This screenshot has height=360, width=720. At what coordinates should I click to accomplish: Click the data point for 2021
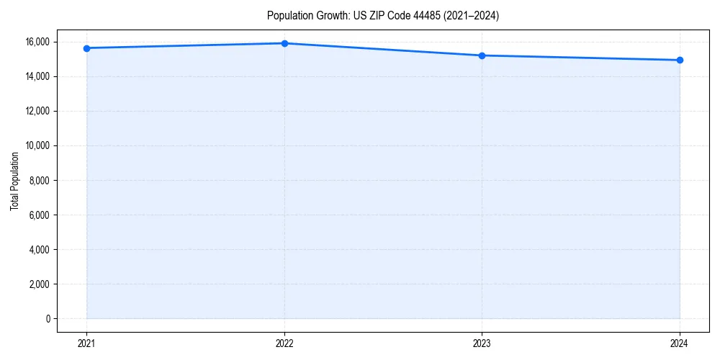(86, 48)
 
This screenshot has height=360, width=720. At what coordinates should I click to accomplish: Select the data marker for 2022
(284, 43)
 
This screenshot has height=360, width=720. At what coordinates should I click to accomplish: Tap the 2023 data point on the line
(482, 55)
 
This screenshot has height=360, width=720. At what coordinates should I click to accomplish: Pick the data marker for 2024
(680, 60)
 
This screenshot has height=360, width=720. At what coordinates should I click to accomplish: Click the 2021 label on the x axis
(86, 343)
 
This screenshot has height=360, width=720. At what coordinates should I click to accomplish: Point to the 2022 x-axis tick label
(284, 343)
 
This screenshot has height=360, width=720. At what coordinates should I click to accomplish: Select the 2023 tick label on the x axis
(482, 343)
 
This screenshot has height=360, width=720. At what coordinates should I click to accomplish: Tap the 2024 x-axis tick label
(680, 343)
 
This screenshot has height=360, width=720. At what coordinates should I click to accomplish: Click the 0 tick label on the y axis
(48, 318)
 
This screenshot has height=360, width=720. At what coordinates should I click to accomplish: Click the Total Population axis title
(14, 181)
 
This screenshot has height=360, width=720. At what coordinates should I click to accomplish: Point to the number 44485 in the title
(423, 15)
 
